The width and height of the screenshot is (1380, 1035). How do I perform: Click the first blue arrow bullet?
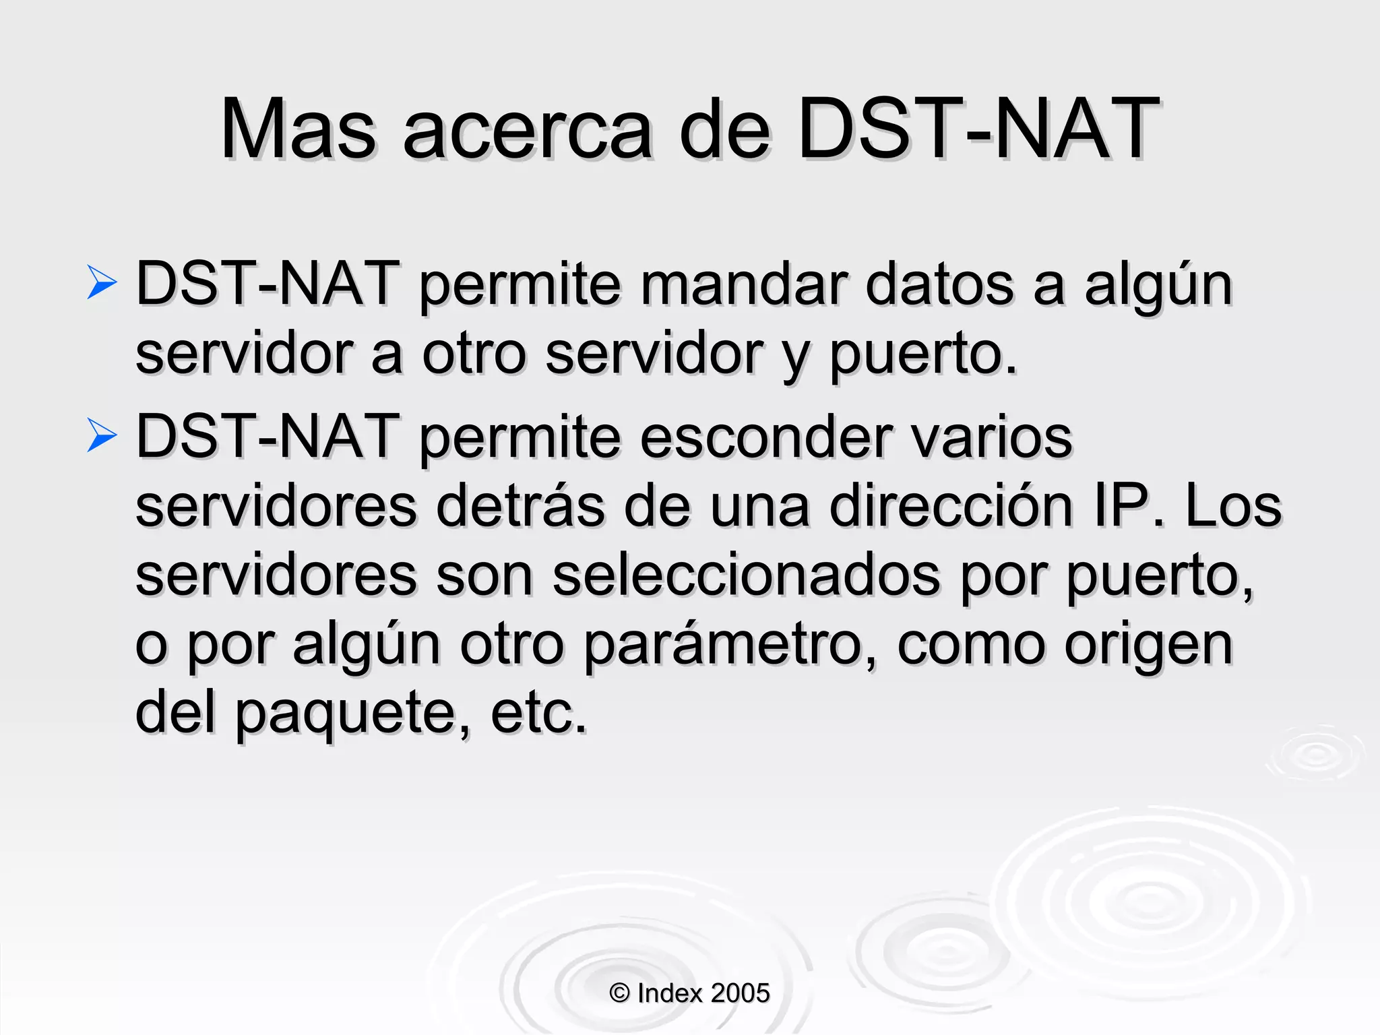pyautogui.click(x=102, y=282)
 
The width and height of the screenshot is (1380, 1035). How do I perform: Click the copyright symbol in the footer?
pyautogui.click(x=619, y=993)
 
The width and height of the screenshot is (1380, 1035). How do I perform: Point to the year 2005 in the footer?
pyautogui.click(x=740, y=993)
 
